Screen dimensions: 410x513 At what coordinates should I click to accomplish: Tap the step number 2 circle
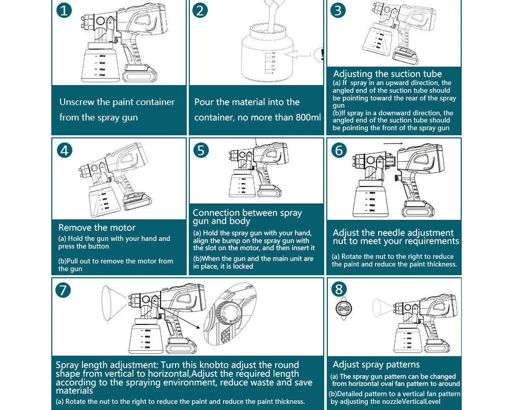201,10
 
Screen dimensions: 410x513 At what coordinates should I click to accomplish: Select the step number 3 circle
337,10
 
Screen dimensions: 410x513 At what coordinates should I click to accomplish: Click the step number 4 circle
64,150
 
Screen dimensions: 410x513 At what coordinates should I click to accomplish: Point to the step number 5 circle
201,150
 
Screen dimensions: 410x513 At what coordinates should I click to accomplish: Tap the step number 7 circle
63,290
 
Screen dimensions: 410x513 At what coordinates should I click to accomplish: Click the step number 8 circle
339,289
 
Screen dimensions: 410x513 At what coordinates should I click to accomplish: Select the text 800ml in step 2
308,117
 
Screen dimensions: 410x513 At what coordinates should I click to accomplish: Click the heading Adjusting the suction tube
387,74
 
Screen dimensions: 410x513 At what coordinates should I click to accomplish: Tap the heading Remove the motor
97,228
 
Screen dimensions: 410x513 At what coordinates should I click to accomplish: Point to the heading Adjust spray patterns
376,364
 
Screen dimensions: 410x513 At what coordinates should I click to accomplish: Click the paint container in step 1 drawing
100,64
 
